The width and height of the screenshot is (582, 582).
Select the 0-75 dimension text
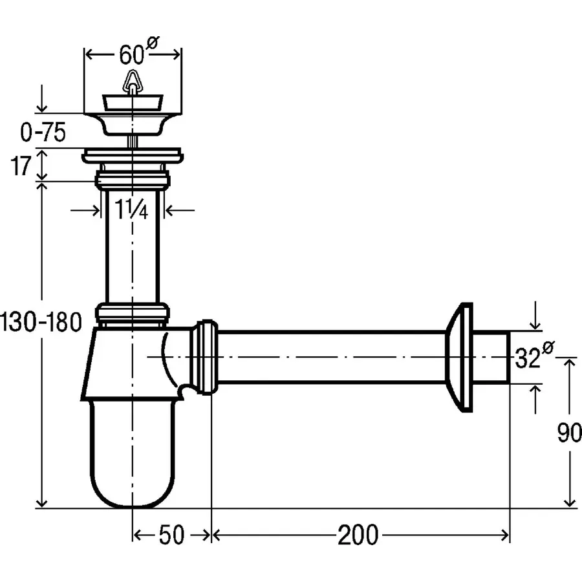43,133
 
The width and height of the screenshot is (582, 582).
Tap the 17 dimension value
21,166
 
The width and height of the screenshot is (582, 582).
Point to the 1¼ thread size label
133,210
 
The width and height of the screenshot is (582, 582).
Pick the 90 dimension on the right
568,433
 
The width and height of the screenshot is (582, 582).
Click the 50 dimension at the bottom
171,535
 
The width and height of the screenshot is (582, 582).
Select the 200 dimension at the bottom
358,535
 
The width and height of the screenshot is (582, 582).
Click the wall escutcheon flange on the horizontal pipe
462,356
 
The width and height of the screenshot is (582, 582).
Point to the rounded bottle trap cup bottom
133,479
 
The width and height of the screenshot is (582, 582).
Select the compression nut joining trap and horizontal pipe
205,356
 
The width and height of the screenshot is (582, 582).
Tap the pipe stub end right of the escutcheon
494,356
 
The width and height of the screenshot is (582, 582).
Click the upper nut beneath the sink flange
133,179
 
